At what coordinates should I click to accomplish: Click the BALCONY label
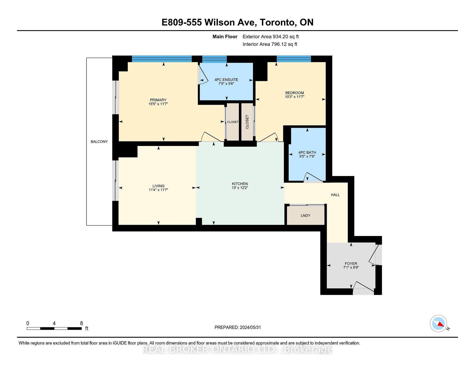click(99, 141)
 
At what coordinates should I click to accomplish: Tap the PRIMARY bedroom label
click(158, 100)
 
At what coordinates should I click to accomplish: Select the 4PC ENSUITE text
click(226, 80)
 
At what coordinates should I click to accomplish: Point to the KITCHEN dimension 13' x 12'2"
click(240, 188)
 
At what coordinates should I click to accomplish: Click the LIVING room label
click(158, 186)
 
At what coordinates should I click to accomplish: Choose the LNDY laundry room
click(305, 215)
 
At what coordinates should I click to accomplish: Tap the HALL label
click(335, 195)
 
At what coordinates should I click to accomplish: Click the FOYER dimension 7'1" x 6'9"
click(351, 267)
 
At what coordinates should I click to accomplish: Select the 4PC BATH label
click(307, 152)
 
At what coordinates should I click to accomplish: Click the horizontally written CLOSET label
click(232, 122)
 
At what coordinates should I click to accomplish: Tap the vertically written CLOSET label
click(247, 122)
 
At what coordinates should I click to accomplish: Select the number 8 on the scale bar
click(81, 323)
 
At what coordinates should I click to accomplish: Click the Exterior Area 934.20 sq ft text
click(270, 37)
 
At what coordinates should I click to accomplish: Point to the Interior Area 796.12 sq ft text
click(270, 44)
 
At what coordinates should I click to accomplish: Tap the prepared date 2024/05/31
click(250, 327)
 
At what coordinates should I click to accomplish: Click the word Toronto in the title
click(277, 22)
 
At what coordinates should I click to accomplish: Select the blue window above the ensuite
click(214, 59)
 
